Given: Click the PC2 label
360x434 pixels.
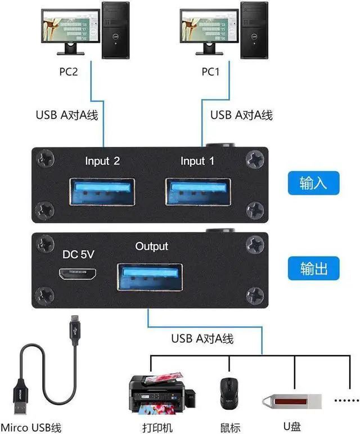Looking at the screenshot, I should [73, 72].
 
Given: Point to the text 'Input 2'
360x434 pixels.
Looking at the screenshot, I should [102, 162].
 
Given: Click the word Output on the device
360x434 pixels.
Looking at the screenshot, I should [151, 247].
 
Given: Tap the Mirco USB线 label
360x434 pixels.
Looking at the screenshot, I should [31, 426].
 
